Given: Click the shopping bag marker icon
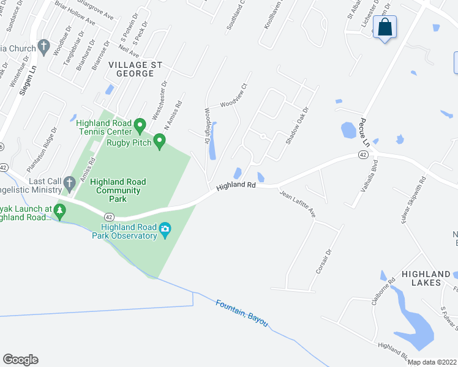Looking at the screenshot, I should tap(385, 28).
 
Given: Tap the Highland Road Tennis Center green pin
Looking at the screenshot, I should tap(140, 126).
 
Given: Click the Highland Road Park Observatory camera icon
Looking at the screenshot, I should tap(165, 229).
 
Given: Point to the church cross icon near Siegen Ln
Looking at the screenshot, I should tap(43, 46).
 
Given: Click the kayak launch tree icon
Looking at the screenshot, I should tap(59, 212).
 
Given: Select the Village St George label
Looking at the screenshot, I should tap(131, 69).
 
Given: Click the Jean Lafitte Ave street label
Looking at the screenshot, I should tap(298, 204).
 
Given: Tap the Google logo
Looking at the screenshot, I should tap(20, 360).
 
